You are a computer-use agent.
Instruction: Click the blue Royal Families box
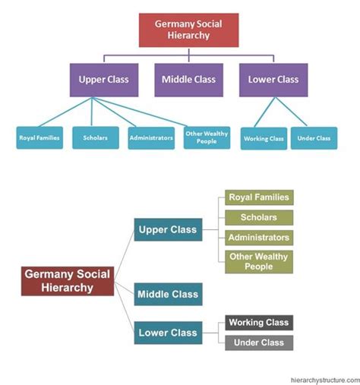point(36,138)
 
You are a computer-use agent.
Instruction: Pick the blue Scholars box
point(95,138)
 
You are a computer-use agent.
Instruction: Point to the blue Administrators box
point(150,138)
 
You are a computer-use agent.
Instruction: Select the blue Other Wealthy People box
point(206,137)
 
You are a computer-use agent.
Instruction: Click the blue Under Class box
point(314,138)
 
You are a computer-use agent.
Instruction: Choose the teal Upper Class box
point(168,229)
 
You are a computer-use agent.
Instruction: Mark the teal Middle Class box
point(168,294)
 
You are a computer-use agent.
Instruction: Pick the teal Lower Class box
point(168,332)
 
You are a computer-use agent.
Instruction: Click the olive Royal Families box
point(258,197)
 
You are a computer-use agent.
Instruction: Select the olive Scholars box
point(258,217)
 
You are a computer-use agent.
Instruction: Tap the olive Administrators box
point(258,238)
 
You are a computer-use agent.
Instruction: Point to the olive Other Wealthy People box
point(258,262)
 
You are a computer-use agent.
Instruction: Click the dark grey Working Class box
point(258,323)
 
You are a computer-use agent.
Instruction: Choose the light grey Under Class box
point(258,342)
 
